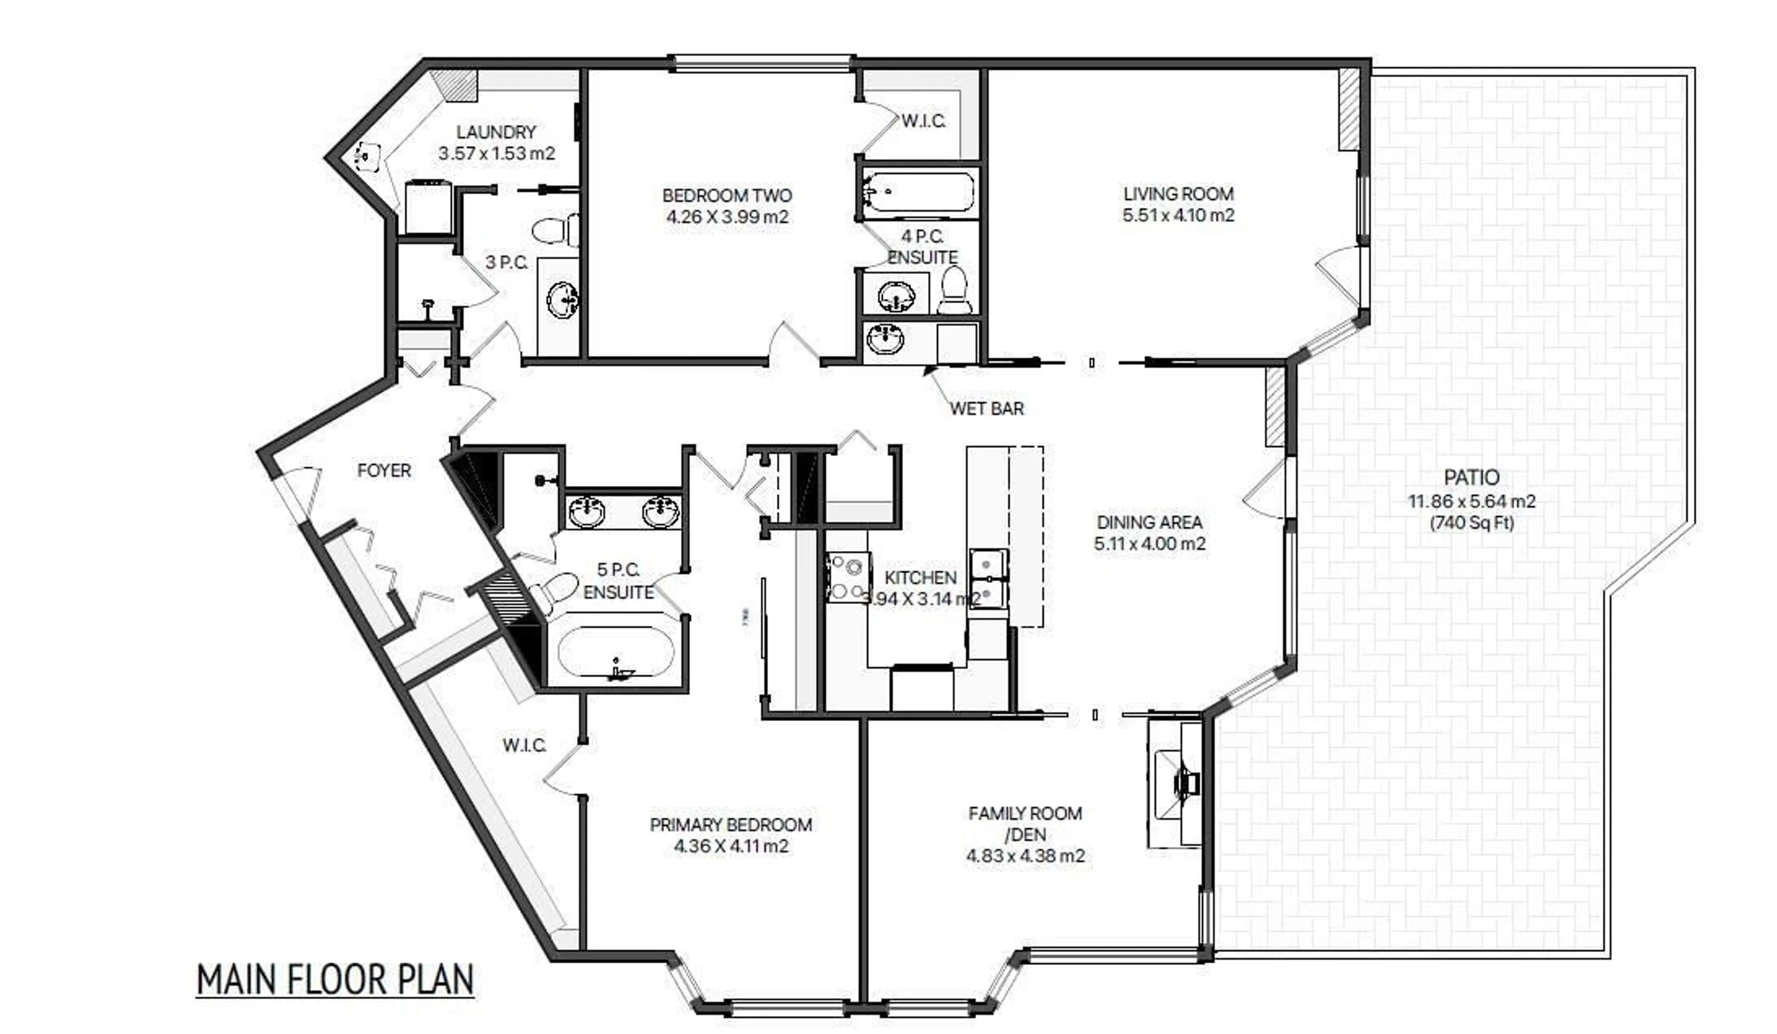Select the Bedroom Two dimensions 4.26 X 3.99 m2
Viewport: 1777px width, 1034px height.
[727, 217]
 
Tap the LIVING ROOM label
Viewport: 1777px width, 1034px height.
[1178, 193]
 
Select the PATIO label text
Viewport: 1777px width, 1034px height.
[1471, 478]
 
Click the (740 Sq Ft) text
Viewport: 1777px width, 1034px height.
[1472, 523]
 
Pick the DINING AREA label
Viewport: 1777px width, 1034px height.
[1149, 522]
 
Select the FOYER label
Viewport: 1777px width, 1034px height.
[384, 470]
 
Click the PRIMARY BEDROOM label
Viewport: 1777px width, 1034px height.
[731, 824]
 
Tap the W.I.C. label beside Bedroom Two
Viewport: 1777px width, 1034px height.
[923, 121]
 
